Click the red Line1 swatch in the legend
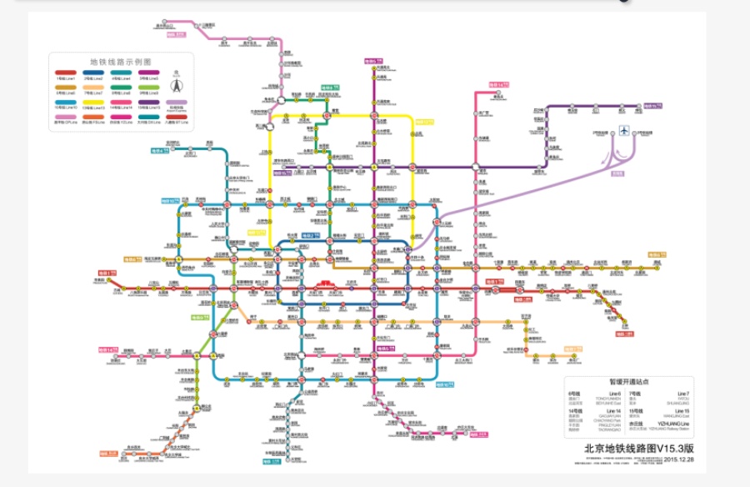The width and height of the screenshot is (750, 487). pyautogui.click(x=66, y=73)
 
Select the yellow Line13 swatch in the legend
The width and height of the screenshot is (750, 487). pyautogui.click(x=93, y=103)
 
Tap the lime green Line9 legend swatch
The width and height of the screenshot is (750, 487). pyautogui.click(x=148, y=88)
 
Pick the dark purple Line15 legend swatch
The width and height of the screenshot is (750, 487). pyautogui.click(x=148, y=103)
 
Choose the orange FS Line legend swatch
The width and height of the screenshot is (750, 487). pyautogui.click(x=93, y=117)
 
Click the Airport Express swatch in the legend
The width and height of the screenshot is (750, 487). pyautogui.click(x=177, y=103)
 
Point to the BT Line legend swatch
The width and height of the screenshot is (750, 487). pyautogui.click(x=177, y=117)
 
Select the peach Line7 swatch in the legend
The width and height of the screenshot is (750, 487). pyautogui.click(x=93, y=88)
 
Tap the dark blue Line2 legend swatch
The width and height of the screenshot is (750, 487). pyautogui.click(x=93, y=73)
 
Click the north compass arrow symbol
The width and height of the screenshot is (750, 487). pyautogui.click(x=177, y=85)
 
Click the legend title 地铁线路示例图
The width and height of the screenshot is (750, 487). pyautogui.click(x=121, y=62)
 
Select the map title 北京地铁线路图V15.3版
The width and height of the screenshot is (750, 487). pyautogui.click(x=639, y=448)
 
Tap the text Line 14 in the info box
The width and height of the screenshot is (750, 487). pyautogui.click(x=613, y=411)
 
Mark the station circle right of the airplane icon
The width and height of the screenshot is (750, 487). pyautogui.click(x=639, y=133)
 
